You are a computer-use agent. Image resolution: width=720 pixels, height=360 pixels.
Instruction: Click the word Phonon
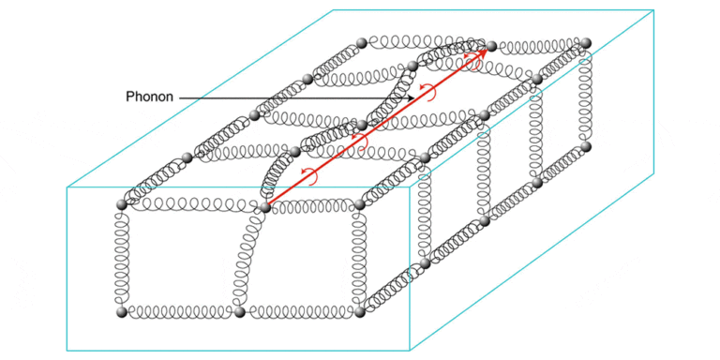click(x=149, y=97)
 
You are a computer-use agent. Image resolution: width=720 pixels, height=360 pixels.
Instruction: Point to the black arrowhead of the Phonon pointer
click(x=411, y=97)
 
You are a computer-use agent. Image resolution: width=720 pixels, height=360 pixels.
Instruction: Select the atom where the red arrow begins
click(x=265, y=207)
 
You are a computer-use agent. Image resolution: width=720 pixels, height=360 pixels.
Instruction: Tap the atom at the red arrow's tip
click(x=491, y=46)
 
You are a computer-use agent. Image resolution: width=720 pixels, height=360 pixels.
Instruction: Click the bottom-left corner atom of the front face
click(x=122, y=312)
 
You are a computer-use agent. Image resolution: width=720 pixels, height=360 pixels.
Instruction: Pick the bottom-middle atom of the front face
click(x=239, y=312)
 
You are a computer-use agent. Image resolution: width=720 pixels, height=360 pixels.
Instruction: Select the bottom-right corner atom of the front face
click(x=360, y=312)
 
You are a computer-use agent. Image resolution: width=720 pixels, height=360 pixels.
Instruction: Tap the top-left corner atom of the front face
click(x=122, y=204)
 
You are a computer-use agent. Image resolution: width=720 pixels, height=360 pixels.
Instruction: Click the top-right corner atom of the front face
click(x=360, y=203)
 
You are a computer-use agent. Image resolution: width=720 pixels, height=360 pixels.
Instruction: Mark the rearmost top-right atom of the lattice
click(x=585, y=43)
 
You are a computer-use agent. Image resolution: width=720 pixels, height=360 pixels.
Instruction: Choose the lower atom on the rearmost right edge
click(x=585, y=147)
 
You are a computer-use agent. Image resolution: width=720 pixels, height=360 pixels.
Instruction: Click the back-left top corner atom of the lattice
click(x=361, y=43)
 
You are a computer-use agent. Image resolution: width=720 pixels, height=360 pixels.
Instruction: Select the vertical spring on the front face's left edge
click(x=122, y=259)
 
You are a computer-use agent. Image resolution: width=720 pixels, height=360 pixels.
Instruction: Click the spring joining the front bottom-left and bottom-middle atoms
click(x=180, y=312)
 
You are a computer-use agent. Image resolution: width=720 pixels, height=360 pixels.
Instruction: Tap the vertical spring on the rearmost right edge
click(x=585, y=95)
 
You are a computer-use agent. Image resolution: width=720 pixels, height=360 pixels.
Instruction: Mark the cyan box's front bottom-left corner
click(x=67, y=351)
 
